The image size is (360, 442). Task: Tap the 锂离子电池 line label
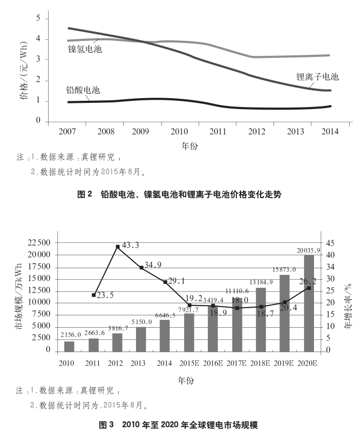pos(317,77)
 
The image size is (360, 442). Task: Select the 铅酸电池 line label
pos(83,90)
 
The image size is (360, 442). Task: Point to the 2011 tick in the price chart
pos(218,132)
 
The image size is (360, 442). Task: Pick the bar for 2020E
pos(309,302)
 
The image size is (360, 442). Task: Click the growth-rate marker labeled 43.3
pos(118,247)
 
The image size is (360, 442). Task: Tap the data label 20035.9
pos(309,250)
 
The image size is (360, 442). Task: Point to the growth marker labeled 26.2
pos(309,288)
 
